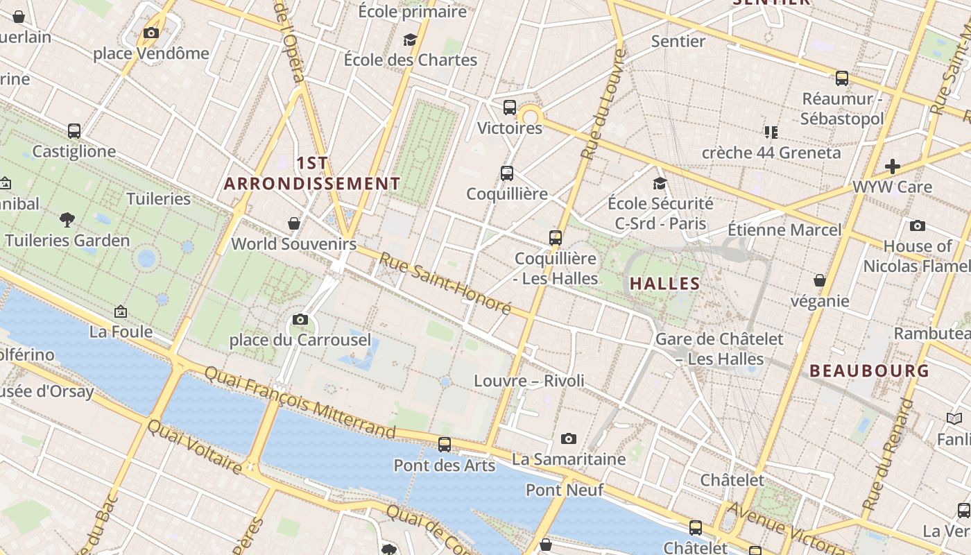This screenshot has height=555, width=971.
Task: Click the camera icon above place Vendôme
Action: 151,33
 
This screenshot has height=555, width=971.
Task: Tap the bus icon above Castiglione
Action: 74,130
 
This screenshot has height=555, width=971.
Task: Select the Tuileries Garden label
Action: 67,241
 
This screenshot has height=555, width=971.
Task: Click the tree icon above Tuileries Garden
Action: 67,220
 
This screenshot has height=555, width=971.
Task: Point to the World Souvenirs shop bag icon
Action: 294,223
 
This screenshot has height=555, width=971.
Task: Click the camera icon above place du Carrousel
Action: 300,319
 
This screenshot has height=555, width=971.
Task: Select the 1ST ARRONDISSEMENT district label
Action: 312,173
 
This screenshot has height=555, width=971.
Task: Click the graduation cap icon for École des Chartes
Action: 411,40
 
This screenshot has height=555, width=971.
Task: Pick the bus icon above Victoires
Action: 510,108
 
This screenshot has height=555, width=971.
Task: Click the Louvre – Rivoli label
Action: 529,380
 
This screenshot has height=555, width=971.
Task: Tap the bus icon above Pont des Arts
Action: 445,444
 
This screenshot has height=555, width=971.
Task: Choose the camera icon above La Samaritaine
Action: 569,438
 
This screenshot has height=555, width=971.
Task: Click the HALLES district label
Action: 665,283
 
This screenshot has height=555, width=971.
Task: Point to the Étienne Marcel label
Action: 784,230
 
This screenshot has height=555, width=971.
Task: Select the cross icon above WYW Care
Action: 893,166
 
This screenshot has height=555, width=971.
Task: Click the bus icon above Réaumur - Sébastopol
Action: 842,78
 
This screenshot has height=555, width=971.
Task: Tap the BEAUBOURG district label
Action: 870,371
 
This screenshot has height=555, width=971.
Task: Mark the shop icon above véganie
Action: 820,280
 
